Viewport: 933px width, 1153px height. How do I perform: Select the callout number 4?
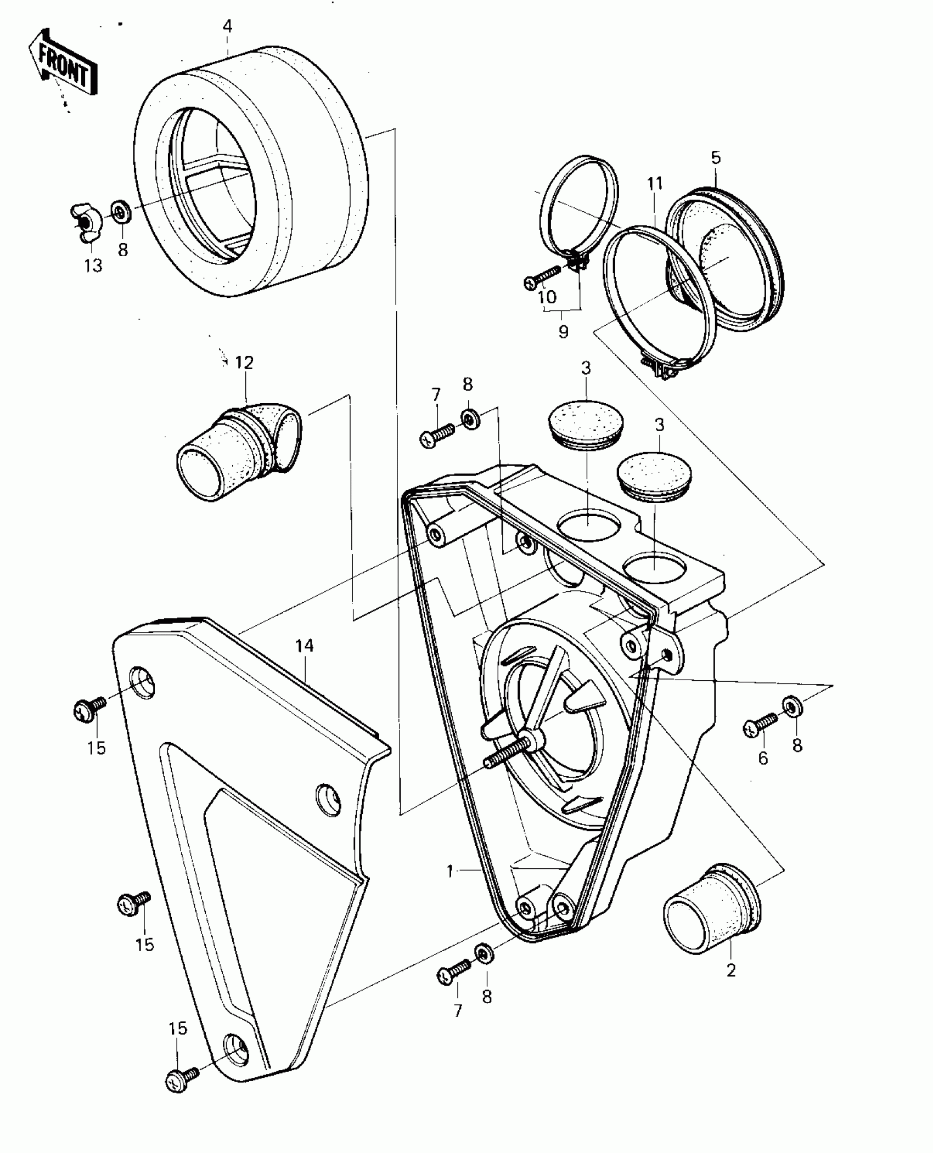click(227, 26)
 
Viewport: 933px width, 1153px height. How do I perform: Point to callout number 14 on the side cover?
click(305, 646)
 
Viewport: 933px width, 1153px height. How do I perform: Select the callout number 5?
click(716, 157)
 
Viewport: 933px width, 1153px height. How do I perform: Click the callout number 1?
click(450, 871)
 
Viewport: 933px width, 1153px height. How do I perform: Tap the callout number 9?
click(563, 332)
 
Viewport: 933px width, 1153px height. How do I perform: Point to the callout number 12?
click(244, 363)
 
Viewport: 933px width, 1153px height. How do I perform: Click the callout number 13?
click(93, 266)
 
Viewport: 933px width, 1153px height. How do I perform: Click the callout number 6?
click(763, 759)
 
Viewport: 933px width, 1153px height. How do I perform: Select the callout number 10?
click(547, 297)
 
